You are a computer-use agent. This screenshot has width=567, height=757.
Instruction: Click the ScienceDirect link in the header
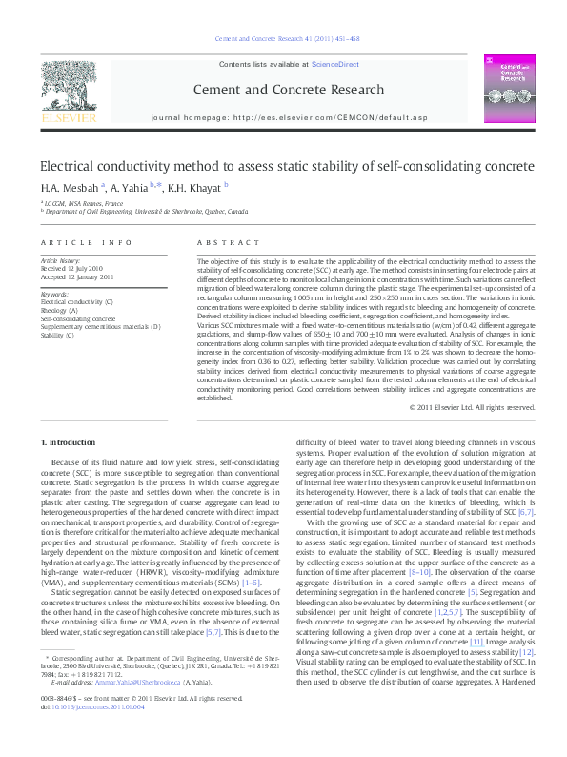pos(335,64)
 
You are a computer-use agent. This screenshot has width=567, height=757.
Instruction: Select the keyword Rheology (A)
pos(60,309)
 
